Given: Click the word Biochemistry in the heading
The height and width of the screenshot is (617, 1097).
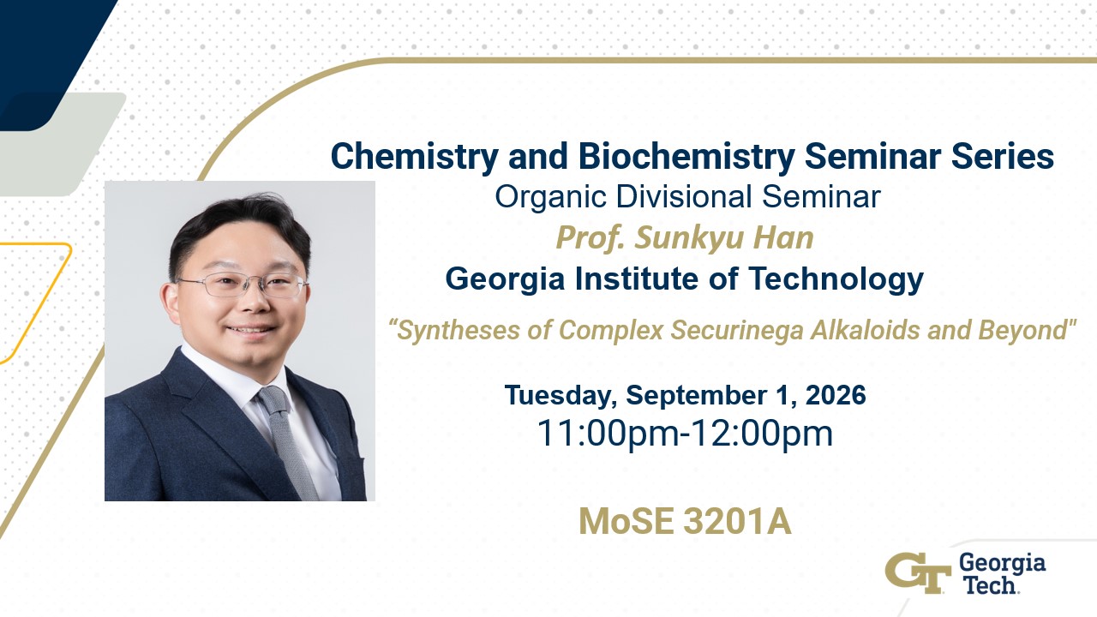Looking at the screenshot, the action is pyautogui.click(x=686, y=157).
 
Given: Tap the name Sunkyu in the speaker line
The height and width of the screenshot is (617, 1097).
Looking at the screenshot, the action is pyautogui.click(x=690, y=238).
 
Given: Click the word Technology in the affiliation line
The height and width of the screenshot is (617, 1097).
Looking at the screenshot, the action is pyautogui.click(x=836, y=279).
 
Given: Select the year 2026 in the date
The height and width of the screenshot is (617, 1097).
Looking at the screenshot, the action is pyautogui.click(x=836, y=395).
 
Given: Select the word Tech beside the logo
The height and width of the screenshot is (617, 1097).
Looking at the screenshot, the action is pyautogui.click(x=990, y=585).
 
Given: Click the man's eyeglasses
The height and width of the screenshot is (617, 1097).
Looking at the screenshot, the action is pyautogui.click(x=242, y=285).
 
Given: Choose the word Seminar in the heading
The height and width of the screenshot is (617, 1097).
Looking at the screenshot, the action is pyautogui.click(x=872, y=157).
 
